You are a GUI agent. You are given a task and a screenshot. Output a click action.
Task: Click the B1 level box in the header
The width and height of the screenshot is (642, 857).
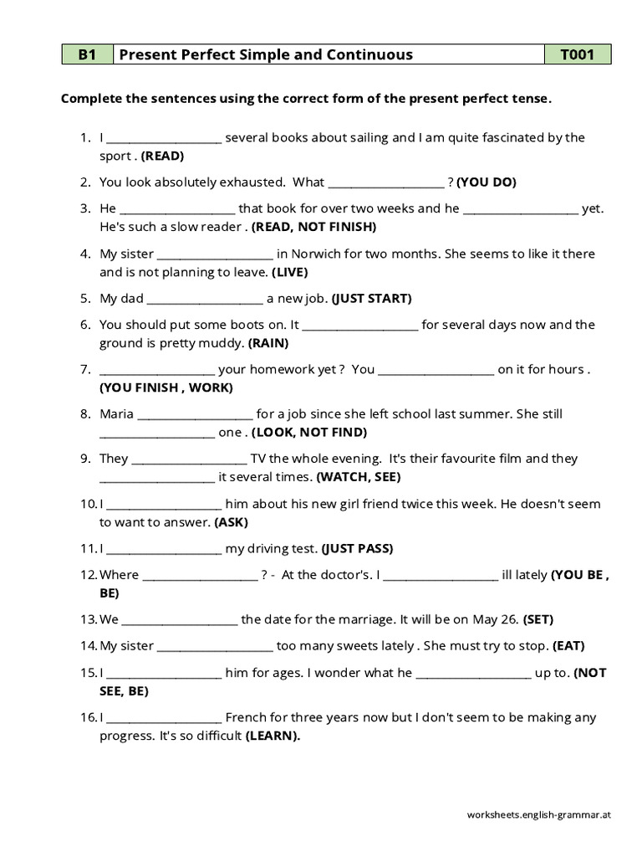88,55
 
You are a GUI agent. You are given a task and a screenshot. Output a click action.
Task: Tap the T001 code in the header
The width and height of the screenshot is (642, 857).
577,55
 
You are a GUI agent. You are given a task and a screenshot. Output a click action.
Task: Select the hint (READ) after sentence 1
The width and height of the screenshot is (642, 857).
162,156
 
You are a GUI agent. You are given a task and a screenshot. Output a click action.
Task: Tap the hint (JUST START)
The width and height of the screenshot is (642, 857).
372,298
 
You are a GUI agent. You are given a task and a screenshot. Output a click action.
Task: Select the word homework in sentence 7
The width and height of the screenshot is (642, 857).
281,369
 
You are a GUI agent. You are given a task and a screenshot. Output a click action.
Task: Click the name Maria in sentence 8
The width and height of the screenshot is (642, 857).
116,413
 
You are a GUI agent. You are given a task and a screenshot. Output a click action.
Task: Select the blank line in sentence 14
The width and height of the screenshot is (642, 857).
215,646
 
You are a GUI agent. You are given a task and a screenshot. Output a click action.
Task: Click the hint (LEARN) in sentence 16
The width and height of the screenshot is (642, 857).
273,736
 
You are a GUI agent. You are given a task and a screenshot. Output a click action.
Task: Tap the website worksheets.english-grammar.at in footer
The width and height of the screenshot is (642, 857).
539,813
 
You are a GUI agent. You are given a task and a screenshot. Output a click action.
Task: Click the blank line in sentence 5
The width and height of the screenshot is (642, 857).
205,299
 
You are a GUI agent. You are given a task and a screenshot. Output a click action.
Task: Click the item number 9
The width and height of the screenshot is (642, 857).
85,459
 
